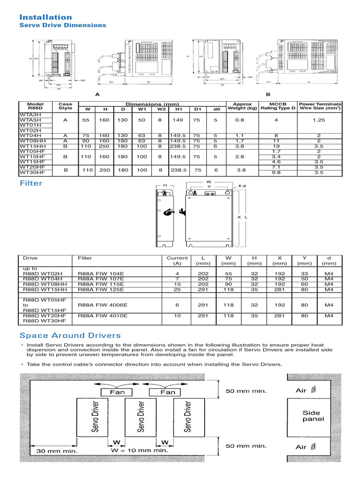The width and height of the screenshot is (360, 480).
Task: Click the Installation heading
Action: click(x=45, y=17)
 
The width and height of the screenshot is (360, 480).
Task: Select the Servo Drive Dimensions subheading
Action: click(x=62, y=25)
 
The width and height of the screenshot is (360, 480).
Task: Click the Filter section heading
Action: click(x=31, y=183)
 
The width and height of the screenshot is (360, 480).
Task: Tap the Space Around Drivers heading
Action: click(x=70, y=335)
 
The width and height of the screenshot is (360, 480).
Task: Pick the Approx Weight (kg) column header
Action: click(x=242, y=106)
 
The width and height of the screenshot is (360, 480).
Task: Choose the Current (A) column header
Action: click(x=177, y=261)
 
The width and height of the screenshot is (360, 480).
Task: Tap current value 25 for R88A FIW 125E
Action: click(x=177, y=290)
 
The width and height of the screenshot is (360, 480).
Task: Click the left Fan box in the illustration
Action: click(x=117, y=392)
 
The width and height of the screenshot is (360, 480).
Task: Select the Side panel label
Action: click(x=313, y=416)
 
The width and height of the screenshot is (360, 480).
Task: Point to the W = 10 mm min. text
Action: click(x=139, y=450)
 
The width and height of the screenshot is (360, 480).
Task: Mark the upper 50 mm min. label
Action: click(x=246, y=391)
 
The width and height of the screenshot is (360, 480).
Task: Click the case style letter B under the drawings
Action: click(x=269, y=94)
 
